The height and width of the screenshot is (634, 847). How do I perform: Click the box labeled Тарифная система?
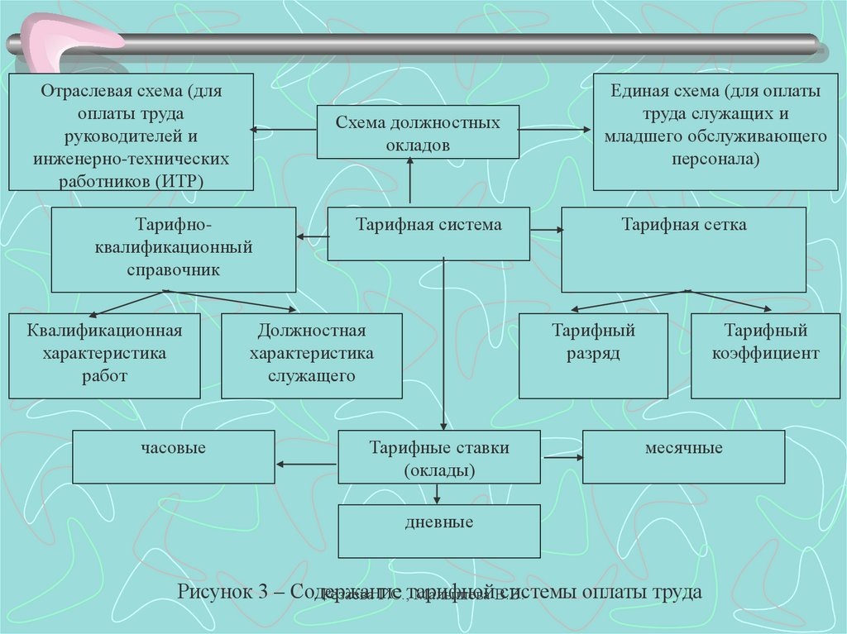[x=428, y=234]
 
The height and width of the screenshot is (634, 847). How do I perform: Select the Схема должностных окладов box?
[x=418, y=132]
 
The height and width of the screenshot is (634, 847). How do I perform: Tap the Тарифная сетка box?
[x=683, y=249]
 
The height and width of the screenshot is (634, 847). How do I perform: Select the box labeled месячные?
[x=683, y=456]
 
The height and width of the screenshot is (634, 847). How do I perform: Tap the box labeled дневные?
[x=438, y=530]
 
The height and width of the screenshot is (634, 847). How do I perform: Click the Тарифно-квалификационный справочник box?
[x=173, y=249]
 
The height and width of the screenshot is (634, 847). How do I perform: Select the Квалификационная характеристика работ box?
[x=104, y=355]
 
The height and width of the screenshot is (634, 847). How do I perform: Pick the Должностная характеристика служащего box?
[x=312, y=355]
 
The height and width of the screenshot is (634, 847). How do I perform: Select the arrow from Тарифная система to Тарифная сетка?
[x=545, y=229]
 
